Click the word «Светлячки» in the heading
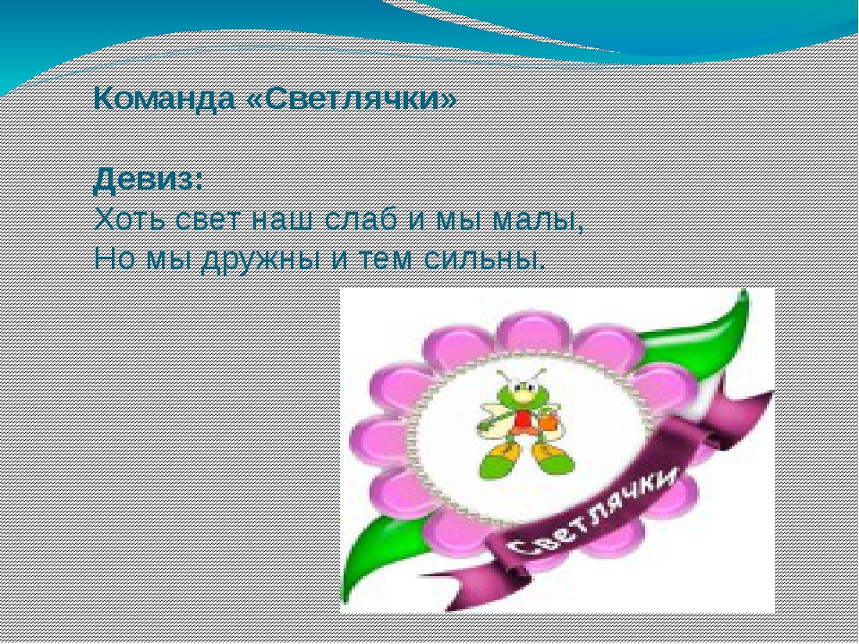(x=352, y=98)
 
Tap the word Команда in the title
(x=165, y=98)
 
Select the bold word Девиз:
(x=149, y=181)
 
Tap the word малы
(x=538, y=221)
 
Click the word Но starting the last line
(x=114, y=258)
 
